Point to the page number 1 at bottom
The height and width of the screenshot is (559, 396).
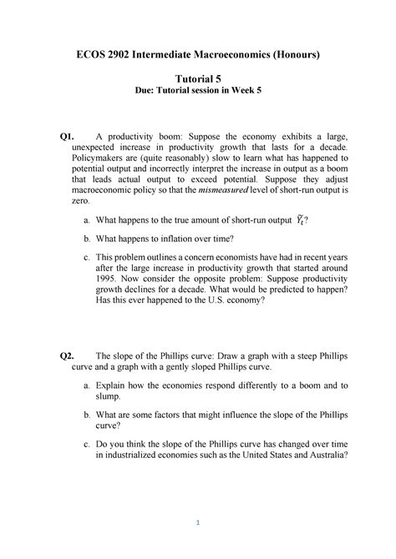(198, 523)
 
